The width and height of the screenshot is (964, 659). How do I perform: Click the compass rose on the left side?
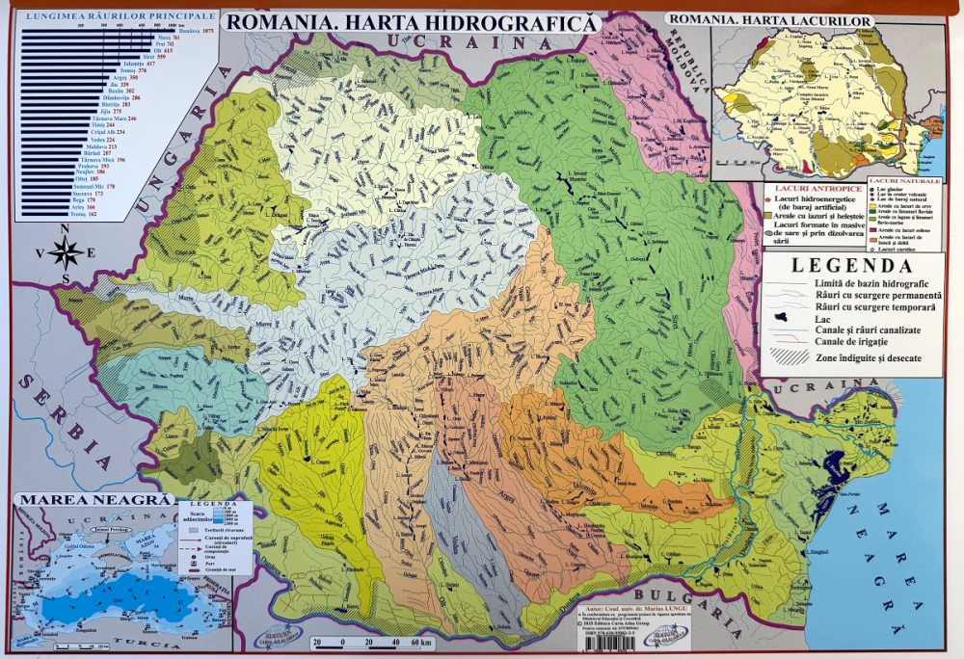click(65, 253)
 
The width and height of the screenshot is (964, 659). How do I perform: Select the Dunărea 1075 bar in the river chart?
click(96, 30)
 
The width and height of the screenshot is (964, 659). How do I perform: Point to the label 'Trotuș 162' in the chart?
click(85, 214)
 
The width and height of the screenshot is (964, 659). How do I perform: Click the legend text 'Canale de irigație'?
click(855, 342)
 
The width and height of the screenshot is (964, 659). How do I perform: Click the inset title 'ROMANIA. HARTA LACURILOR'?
click(771, 20)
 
